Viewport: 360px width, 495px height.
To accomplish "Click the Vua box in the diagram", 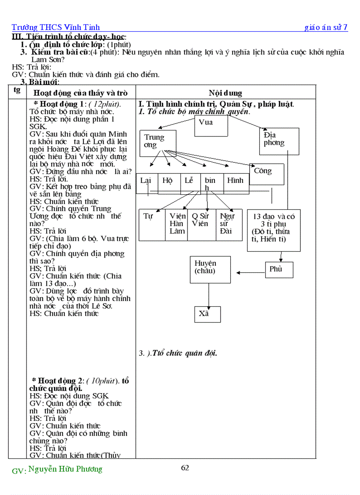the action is pos(211,125).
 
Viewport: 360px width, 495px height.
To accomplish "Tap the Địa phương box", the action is pos(279,141).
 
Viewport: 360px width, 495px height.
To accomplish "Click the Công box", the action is pos(266,174).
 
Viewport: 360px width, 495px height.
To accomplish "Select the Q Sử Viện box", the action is pos(201,224).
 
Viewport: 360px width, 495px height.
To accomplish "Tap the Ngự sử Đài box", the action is pos(229,224).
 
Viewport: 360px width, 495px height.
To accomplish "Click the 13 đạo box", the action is pos(274,230).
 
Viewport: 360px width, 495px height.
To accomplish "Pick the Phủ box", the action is pos(279,269).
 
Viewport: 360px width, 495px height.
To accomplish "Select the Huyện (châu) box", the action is pos(210,269).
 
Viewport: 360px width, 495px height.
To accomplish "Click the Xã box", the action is pos(207,314).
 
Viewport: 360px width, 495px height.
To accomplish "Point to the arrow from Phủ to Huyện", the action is pos(251,272).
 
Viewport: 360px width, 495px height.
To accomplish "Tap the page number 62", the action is pos(185,468).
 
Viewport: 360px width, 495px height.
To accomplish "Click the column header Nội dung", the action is pos(225,93).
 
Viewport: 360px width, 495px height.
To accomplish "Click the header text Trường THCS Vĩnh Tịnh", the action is pos(56,27).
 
